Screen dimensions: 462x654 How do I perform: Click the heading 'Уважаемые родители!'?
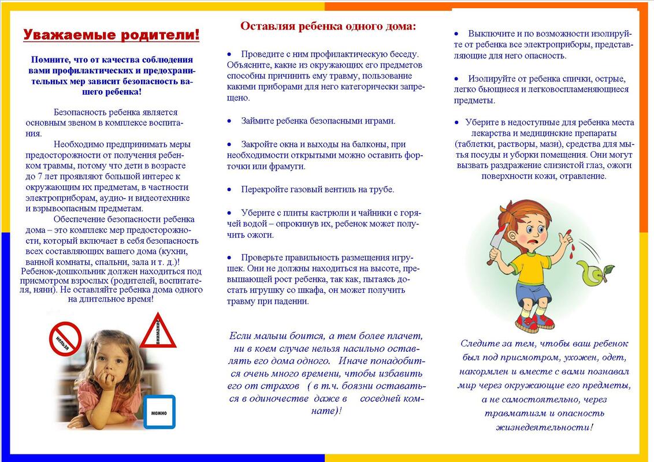point(112,35)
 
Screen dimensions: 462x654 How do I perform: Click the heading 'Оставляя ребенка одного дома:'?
point(328,26)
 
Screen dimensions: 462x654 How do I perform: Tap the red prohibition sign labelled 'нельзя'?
point(65,338)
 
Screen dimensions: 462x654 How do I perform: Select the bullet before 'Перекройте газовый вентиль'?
point(229,189)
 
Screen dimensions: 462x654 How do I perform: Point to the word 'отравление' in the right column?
point(584,176)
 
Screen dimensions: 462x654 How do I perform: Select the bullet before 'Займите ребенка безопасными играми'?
point(229,121)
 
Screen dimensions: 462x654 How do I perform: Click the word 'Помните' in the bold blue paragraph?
point(50,59)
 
